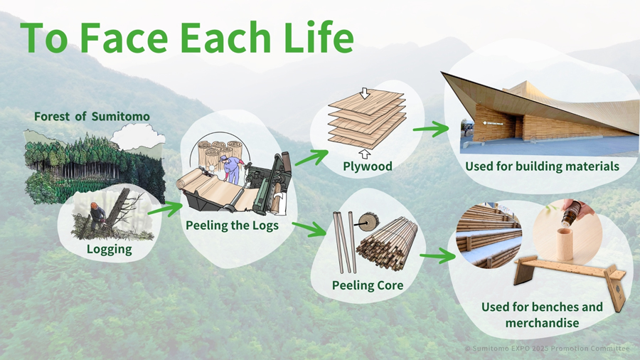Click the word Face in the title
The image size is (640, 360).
click(124, 38)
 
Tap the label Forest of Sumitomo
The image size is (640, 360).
click(92, 117)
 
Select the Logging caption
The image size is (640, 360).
click(109, 249)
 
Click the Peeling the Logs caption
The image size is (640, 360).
click(232, 226)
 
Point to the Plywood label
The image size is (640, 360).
click(368, 166)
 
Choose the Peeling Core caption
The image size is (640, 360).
click(368, 285)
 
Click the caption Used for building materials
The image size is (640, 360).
click(542, 166)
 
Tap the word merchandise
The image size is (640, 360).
click(542, 323)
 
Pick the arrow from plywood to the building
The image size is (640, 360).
click(431, 129)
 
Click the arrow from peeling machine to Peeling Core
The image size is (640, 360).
click(309, 229)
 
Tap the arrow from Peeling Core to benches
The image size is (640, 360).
click(437, 256)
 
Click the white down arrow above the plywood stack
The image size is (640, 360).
click(365, 93)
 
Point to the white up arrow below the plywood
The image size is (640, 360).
click(366, 154)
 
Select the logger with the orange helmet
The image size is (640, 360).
click(97, 216)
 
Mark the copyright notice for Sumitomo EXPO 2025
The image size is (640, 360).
click(548, 349)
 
